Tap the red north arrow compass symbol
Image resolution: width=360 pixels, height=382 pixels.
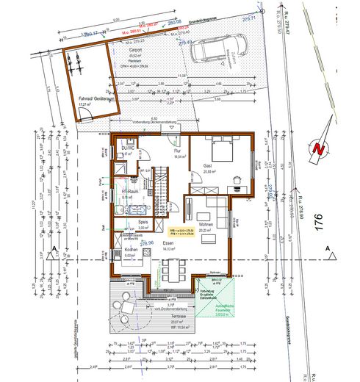click(x=317, y=148)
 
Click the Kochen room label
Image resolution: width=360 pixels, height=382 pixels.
click(x=132, y=250)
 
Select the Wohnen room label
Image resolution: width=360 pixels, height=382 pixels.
click(x=206, y=224)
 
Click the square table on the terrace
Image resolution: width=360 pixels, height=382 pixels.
click(x=127, y=306)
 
